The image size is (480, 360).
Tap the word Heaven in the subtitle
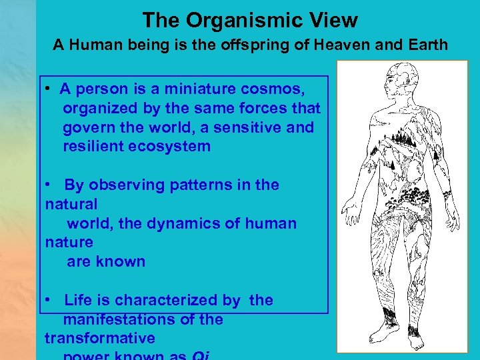point(333,45)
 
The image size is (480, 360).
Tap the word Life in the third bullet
point(77,300)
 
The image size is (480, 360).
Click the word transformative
point(100,338)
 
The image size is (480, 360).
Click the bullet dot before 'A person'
point(49,89)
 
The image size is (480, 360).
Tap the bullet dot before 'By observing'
point(49,185)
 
